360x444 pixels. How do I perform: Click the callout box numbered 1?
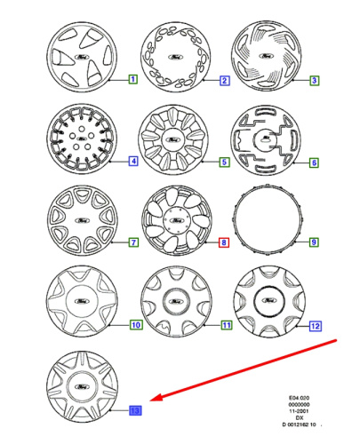click(x=132, y=80)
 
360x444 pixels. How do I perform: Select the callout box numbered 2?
click(x=225, y=81)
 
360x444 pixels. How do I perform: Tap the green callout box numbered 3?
click(x=315, y=81)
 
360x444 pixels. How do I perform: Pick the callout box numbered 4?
click(x=132, y=162)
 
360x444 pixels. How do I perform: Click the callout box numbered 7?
click(x=132, y=242)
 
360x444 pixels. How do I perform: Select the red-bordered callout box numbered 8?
click(x=225, y=242)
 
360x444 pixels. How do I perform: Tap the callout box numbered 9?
click(x=315, y=242)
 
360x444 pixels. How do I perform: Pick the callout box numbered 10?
click(x=135, y=325)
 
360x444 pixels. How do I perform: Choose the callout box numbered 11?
click(x=226, y=325)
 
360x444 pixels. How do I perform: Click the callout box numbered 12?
click(x=316, y=325)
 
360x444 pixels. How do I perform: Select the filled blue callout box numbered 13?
click(x=135, y=410)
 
